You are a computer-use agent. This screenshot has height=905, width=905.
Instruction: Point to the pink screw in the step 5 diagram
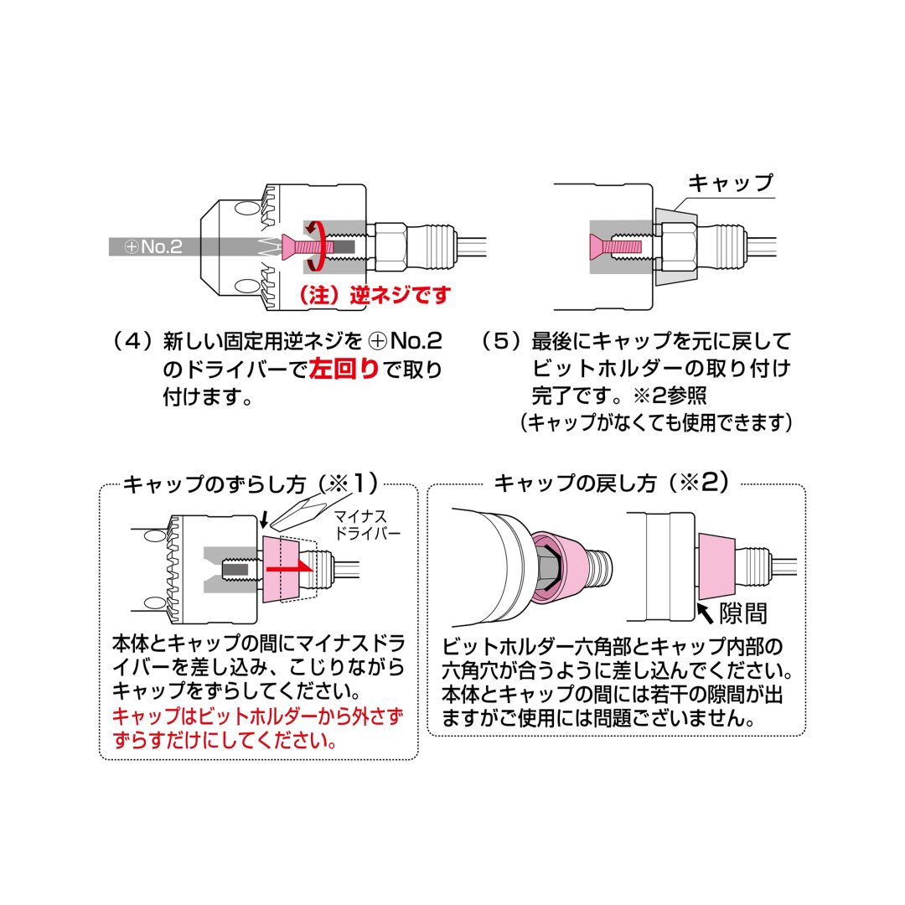tap(617, 246)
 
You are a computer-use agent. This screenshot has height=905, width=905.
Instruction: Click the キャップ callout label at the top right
tap(729, 183)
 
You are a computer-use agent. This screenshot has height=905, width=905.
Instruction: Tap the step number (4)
tap(132, 342)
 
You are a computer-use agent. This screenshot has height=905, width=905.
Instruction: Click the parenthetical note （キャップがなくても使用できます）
tap(656, 423)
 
